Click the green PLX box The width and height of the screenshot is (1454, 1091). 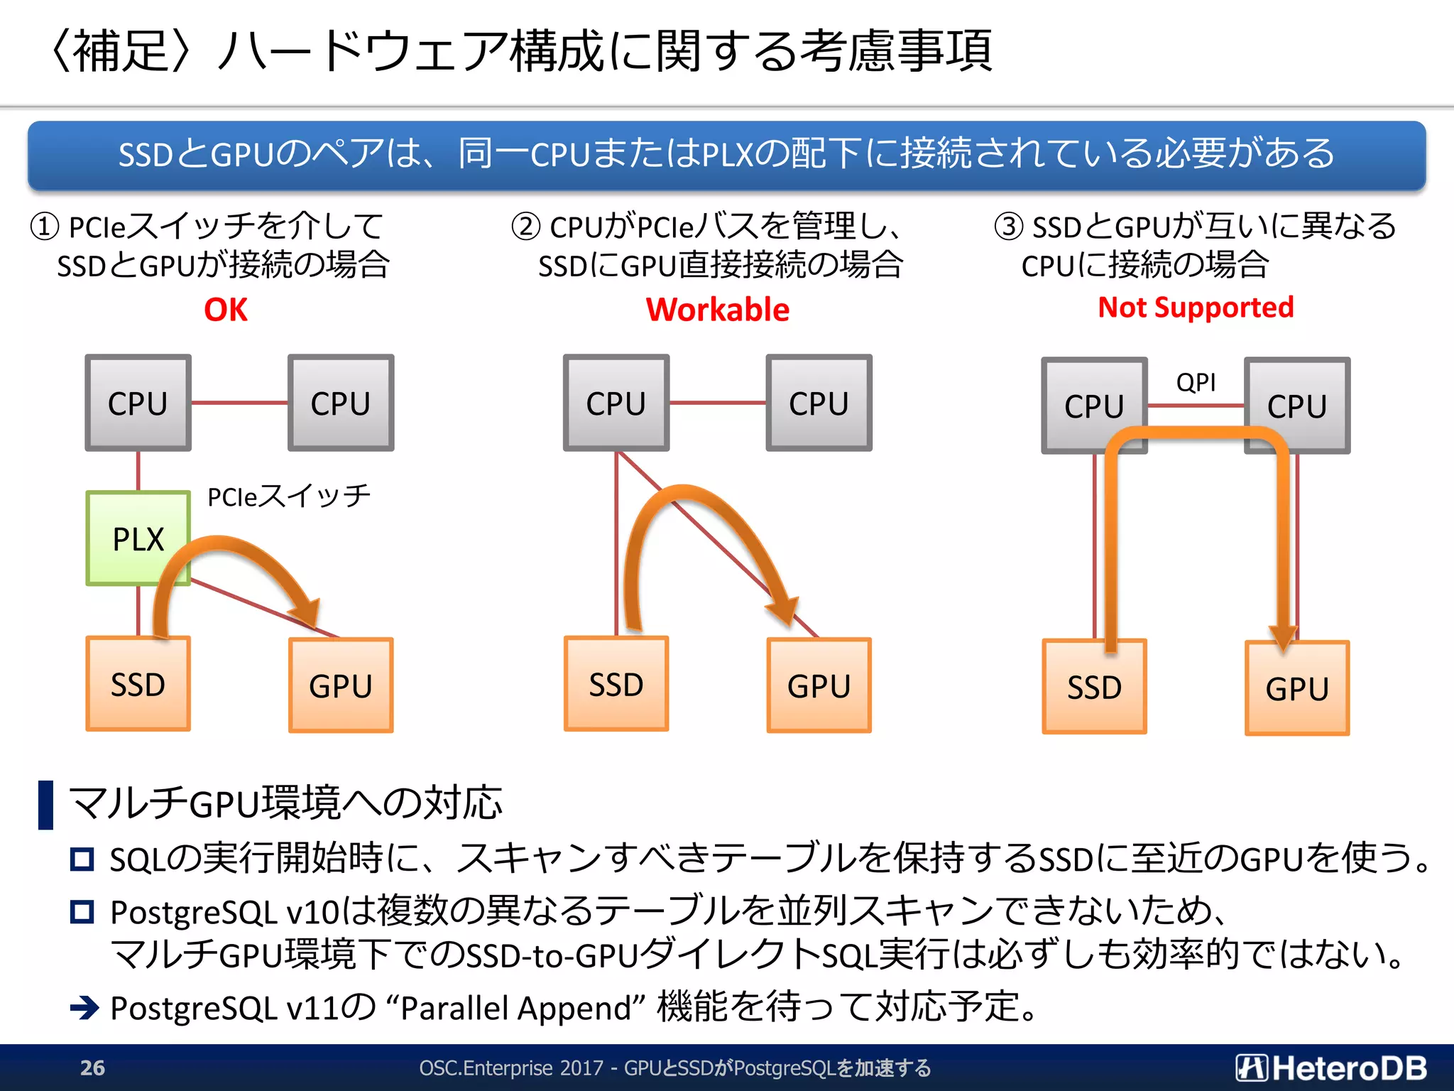(x=138, y=538)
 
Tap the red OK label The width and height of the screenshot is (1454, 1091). (x=226, y=310)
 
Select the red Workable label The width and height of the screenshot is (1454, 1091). (x=717, y=310)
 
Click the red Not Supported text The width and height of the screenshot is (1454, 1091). (x=1196, y=307)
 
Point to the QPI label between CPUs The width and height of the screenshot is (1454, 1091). (x=1196, y=383)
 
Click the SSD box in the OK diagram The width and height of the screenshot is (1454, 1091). (x=138, y=684)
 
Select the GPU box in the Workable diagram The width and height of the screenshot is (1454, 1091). (x=819, y=685)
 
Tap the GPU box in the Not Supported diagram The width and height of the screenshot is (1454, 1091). (x=1296, y=688)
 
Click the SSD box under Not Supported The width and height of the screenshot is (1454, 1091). (x=1094, y=687)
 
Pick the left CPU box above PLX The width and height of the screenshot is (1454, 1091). (x=138, y=403)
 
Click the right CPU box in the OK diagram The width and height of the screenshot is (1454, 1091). (x=341, y=403)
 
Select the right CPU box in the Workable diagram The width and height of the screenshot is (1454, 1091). (x=819, y=403)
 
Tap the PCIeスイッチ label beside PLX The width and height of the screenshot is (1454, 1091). (x=288, y=496)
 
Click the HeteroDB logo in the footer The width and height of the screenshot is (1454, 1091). (x=1331, y=1068)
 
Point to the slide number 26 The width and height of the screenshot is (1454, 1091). (x=92, y=1068)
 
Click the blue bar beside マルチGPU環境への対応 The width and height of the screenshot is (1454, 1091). (x=45, y=804)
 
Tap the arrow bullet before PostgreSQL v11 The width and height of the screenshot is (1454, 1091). (x=84, y=1007)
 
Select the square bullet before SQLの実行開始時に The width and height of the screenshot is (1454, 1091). (x=82, y=859)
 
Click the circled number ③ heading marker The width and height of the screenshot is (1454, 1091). (x=1008, y=227)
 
